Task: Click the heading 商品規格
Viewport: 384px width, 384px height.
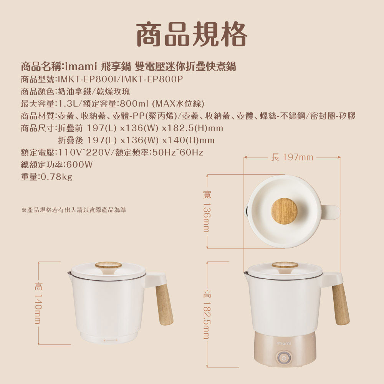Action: click(x=191, y=34)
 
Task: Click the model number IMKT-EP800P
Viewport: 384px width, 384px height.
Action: click(x=152, y=79)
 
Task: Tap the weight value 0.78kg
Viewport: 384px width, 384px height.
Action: click(x=56, y=177)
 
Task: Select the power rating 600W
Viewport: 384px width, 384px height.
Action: click(x=79, y=165)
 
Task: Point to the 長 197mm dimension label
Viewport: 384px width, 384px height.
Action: click(x=292, y=157)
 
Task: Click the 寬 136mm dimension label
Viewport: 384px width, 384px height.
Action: click(x=207, y=211)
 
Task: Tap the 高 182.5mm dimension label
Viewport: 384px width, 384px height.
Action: click(x=207, y=314)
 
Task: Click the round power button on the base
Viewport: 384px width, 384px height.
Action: click(x=284, y=358)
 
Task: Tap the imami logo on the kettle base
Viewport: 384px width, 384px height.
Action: click(x=284, y=344)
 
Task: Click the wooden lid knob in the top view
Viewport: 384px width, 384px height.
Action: click(x=284, y=211)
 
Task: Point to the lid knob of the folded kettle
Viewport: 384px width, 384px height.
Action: click(x=109, y=266)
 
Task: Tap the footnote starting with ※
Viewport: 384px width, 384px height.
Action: click(x=74, y=210)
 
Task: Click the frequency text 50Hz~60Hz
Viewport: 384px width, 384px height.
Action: click(x=178, y=152)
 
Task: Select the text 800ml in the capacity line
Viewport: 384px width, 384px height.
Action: click(x=134, y=104)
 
